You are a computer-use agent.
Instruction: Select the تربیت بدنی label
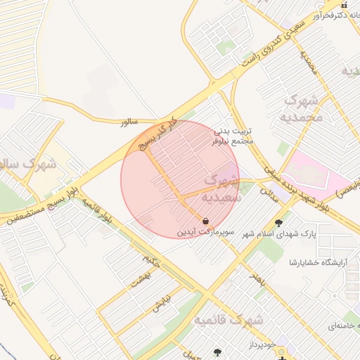tap(231, 131)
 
